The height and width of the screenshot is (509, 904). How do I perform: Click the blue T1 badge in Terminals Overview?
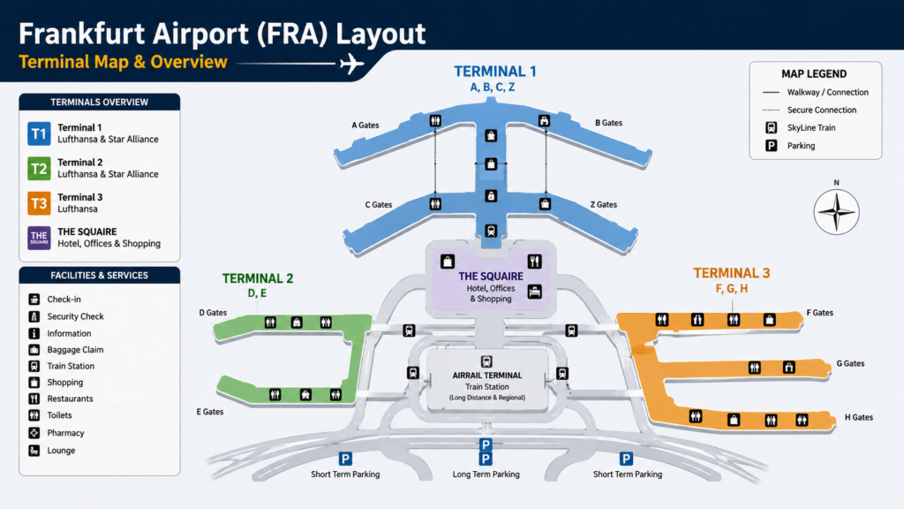pos(39,134)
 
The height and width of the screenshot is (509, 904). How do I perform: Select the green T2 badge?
pos(39,169)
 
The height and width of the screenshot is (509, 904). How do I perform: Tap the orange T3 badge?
pos(39,203)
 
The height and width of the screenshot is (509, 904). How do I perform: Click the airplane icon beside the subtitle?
pos(351,63)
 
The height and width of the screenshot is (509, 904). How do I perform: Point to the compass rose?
pos(836,211)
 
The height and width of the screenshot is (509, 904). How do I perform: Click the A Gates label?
pos(365,125)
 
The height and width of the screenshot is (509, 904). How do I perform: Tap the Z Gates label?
pos(604,204)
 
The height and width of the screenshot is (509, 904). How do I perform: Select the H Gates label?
pos(858,417)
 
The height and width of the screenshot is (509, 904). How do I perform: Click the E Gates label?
pos(210,412)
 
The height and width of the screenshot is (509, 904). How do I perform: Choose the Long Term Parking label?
pos(486,475)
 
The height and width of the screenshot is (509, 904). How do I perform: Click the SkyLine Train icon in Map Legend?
pos(772,127)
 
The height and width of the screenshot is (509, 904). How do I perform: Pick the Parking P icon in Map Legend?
pos(772,146)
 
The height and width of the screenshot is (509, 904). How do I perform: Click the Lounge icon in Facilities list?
pos(34,450)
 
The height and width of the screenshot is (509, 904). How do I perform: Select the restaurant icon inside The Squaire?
pos(534,262)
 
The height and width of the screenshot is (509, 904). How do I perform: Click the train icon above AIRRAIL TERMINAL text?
pos(486,361)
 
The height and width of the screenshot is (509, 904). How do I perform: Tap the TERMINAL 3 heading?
pos(732,273)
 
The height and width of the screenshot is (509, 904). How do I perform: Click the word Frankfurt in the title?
pos(82,34)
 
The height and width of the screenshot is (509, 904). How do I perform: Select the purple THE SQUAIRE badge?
pos(39,238)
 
